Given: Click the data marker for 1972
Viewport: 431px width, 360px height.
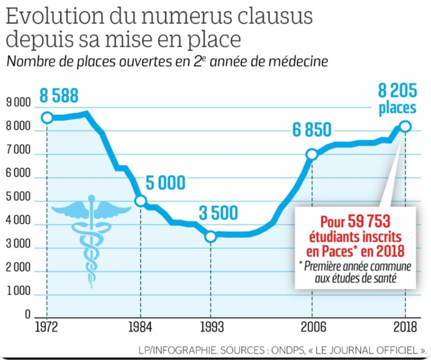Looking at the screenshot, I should [x=47, y=118].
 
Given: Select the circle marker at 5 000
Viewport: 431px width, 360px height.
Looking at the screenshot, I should [x=140, y=201].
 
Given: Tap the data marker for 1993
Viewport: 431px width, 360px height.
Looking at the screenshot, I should [x=210, y=236].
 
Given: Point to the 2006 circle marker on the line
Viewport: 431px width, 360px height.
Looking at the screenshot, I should [x=312, y=155].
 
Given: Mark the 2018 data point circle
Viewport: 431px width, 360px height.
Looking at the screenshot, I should [x=406, y=127].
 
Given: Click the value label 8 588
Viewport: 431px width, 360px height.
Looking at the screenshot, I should [x=59, y=96].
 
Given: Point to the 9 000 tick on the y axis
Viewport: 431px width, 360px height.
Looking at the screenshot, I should [x=18, y=103].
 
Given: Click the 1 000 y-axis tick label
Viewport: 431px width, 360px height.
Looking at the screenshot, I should [x=18, y=293].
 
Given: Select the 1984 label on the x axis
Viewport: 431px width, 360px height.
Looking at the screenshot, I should [x=140, y=327].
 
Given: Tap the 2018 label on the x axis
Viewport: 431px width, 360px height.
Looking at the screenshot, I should [x=406, y=327].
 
